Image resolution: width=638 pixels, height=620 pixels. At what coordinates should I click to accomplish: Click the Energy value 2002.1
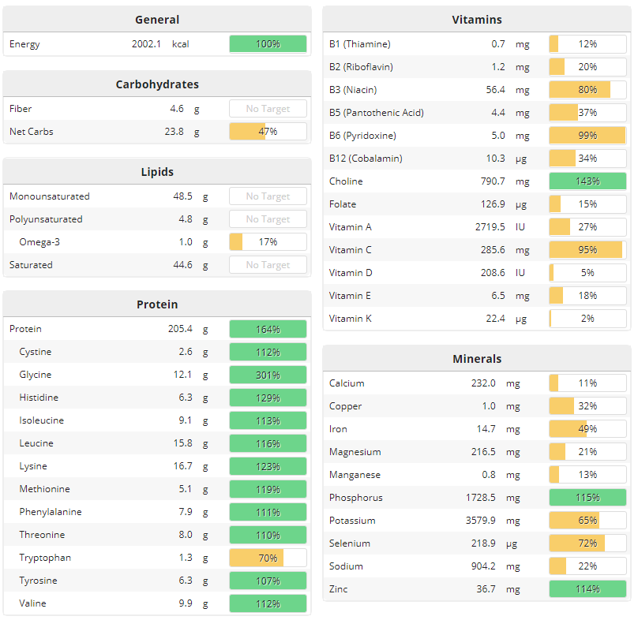(146, 44)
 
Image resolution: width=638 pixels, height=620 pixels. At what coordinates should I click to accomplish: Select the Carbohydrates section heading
(157, 84)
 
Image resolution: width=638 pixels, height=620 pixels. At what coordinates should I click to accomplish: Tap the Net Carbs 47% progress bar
(268, 132)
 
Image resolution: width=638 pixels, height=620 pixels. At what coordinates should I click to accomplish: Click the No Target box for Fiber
(268, 109)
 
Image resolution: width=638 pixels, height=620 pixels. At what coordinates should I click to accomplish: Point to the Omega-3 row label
(39, 242)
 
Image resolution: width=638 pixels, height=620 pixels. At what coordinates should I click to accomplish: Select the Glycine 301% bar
(268, 375)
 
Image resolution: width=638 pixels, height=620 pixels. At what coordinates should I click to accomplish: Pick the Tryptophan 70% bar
(268, 558)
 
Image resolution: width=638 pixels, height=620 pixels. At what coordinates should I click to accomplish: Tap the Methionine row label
(44, 489)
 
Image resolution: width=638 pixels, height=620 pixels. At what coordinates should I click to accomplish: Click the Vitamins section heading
(476, 20)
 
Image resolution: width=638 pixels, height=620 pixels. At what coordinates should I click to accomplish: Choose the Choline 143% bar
(587, 181)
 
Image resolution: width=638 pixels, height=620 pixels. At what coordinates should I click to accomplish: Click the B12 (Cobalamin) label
(366, 159)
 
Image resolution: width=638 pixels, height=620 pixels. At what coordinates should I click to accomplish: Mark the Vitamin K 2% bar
(587, 319)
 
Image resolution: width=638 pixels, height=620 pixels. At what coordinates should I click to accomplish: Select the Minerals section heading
(477, 359)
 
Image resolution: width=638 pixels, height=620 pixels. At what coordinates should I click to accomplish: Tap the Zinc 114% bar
(587, 589)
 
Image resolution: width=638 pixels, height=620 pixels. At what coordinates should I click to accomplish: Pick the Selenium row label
(350, 543)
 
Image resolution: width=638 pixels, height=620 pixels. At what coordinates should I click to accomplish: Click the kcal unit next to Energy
(181, 44)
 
